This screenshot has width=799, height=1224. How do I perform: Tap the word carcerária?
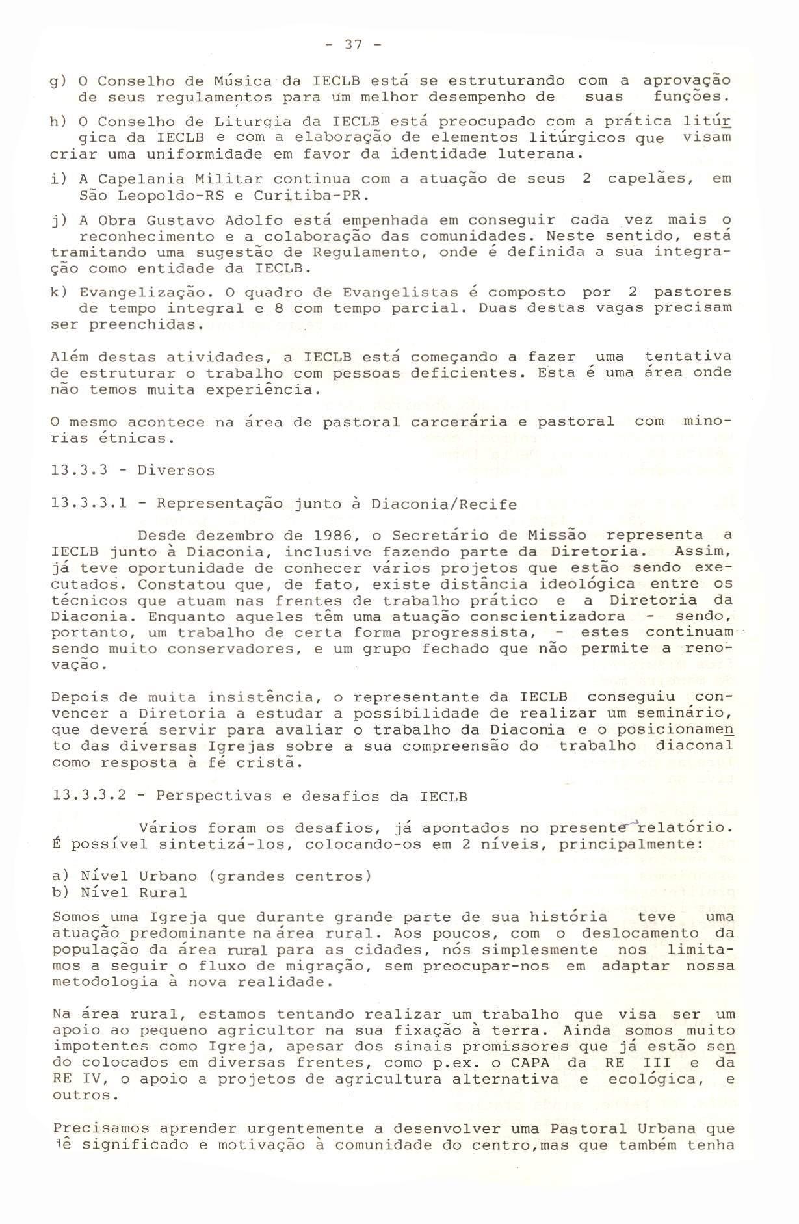click(x=464, y=422)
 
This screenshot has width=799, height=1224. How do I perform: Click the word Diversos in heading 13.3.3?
click(x=176, y=471)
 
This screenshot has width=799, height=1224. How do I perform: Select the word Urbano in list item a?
click(x=168, y=876)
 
